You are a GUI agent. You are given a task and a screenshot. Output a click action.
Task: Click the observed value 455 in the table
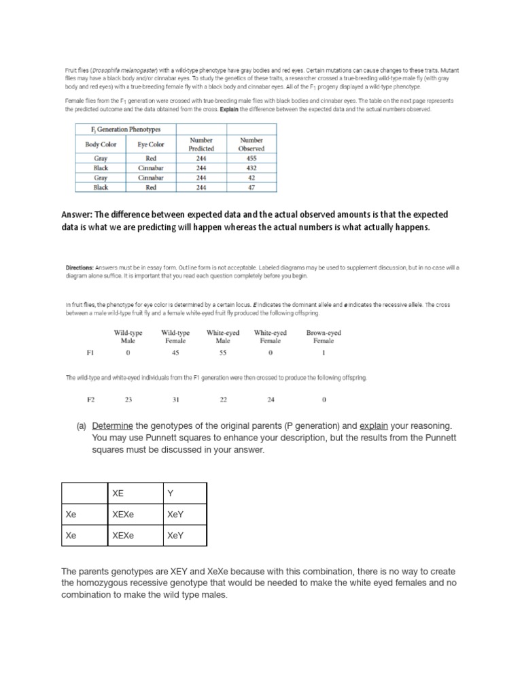[x=251, y=158]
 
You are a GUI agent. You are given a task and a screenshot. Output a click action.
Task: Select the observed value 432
[x=251, y=167]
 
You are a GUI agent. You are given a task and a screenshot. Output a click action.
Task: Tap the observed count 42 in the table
[x=251, y=178]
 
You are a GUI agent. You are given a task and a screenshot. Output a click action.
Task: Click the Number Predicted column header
[x=201, y=144]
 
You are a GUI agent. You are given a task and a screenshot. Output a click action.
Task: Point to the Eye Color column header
[x=151, y=144]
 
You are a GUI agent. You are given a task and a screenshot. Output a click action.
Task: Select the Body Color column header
[x=101, y=144]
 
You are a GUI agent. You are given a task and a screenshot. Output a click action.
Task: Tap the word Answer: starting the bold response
[x=79, y=214]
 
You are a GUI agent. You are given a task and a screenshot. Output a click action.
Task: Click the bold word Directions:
[x=80, y=268]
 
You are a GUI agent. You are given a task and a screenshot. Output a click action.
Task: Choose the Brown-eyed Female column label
[x=324, y=336]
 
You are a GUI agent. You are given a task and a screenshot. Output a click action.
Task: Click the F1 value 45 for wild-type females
[x=175, y=353]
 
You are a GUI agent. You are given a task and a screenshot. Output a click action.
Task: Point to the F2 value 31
[x=175, y=400]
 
